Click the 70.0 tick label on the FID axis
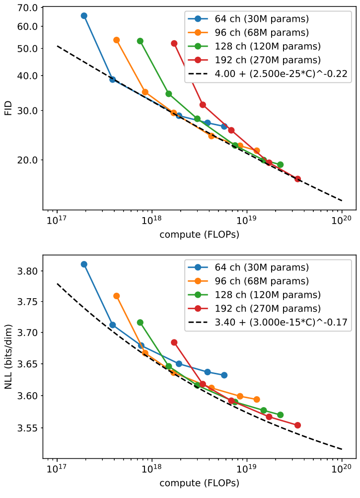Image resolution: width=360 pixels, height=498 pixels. [x=28, y=7]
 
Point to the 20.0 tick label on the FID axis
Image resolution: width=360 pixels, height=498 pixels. [x=28, y=160]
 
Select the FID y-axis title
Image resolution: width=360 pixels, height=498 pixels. [x=8, y=108]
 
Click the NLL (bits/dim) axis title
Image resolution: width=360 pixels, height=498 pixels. [x=8, y=356]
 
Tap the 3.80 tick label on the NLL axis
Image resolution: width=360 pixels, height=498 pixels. [x=28, y=271]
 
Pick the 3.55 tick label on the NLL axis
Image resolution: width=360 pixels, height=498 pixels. [x=28, y=428]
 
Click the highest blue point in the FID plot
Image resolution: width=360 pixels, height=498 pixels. [x=84, y=16]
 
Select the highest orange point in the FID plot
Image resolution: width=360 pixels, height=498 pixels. [x=116, y=40]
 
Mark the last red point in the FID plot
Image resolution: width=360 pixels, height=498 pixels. [x=297, y=179]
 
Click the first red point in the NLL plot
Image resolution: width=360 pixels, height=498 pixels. [x=174, y=342]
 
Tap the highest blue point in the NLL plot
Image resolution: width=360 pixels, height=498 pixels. [x=84, y=264]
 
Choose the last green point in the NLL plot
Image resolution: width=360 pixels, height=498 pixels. [x=281, y=415]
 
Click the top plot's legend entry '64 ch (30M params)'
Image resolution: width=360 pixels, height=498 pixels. [x=262, y=19]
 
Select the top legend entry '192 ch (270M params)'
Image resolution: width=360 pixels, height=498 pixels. [x=268, y=60]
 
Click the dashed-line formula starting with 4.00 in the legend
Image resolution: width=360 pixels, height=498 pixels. [x=281, y=74]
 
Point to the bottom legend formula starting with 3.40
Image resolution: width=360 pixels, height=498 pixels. [x=281, y=323]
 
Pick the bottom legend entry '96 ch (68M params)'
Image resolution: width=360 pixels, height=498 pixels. [x=262, y=281]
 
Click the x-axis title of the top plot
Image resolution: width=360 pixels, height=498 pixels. [x=199, y=235]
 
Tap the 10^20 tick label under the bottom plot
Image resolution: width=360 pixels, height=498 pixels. [x=342, y=469]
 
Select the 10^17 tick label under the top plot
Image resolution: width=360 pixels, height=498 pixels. [x=57, y=220]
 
